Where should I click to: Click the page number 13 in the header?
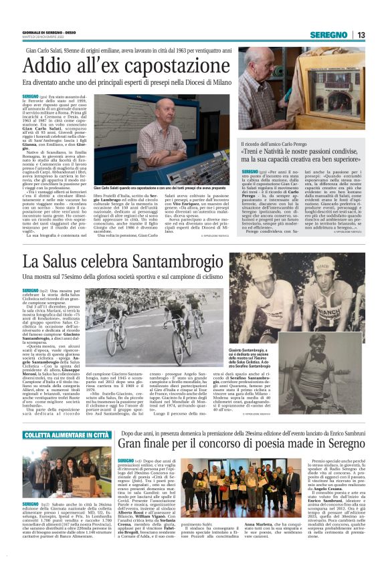click(361, 35)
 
